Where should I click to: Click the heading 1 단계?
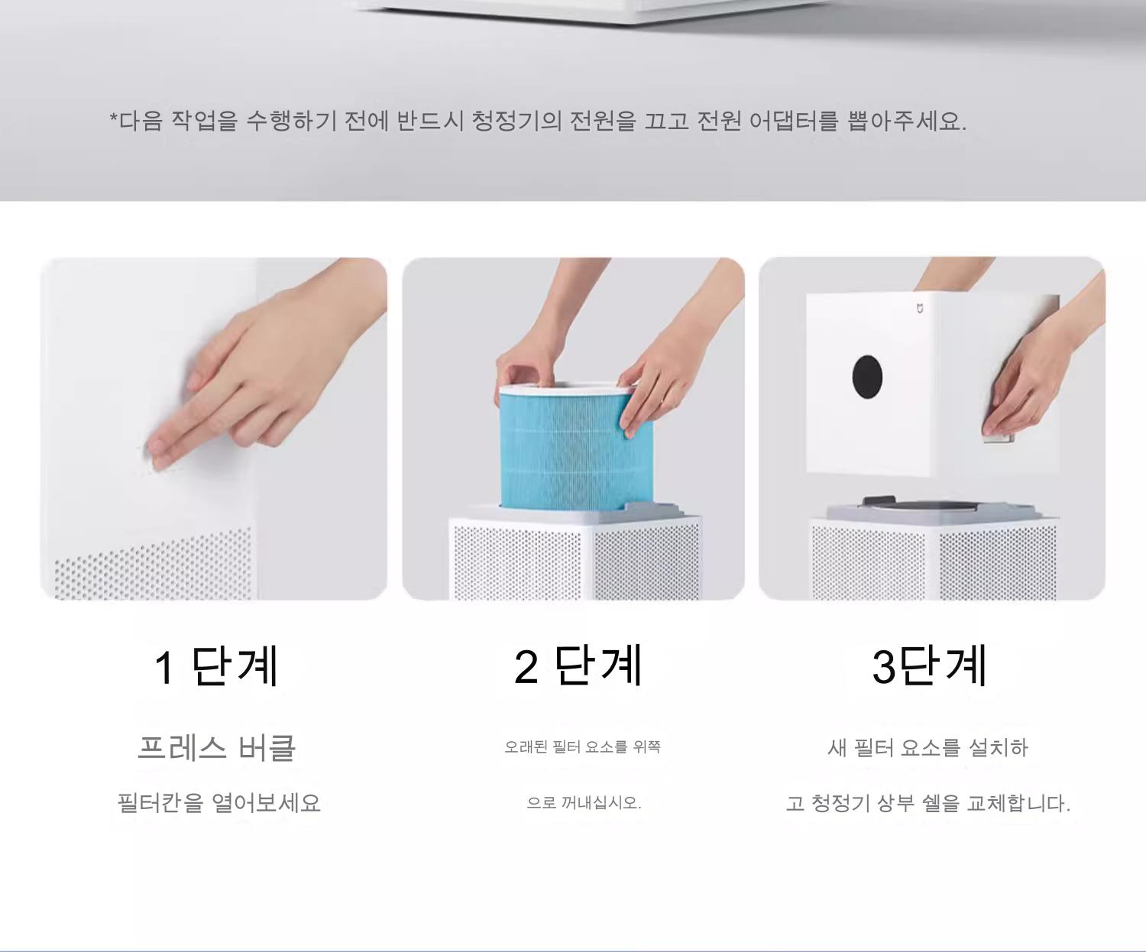(x=216, y=666)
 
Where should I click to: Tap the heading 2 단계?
(x=578, y=665)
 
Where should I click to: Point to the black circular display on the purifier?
(x=867, y=377)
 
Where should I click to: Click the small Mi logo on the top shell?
(x=919, y=309)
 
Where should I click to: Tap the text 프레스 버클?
(x=216, y=747)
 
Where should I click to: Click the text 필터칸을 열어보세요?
(x=219, y=803)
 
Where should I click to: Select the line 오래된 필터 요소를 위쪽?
(x=582, y=746)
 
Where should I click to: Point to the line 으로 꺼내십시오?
(x=584, y=803)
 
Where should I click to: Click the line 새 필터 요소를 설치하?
(x=927, y=748)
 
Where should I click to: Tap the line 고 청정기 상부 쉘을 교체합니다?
(x=928, y=803)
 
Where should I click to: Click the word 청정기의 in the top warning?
(x=516, y=121)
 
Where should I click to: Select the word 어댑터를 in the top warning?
(x=794, y=121)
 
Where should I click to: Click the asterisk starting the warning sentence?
(x=114, y=118)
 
